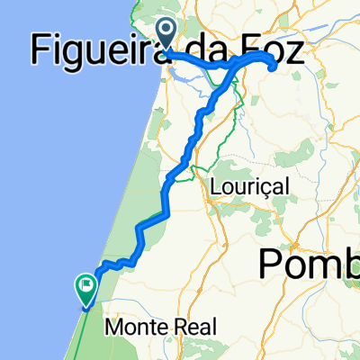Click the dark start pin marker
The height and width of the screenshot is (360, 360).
[x=167, y=32]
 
